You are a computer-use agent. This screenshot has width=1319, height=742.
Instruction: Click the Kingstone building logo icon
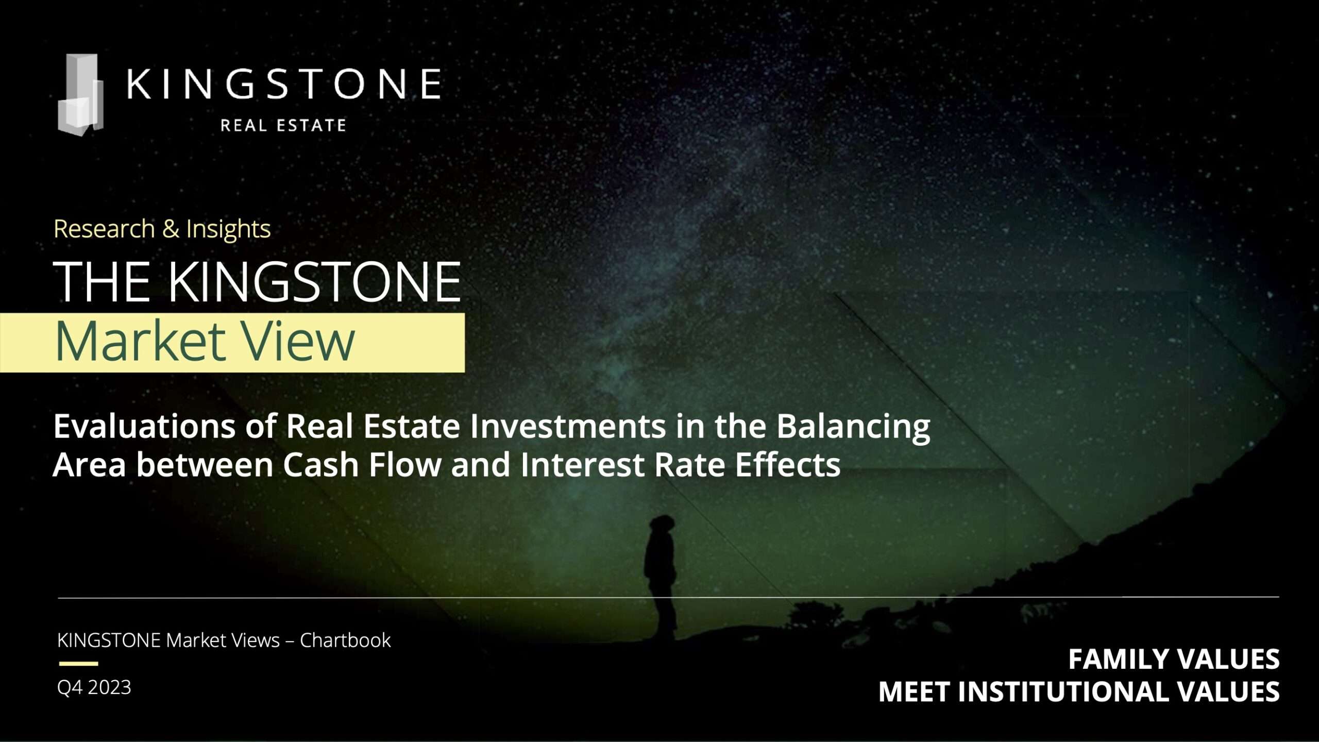point(81,95)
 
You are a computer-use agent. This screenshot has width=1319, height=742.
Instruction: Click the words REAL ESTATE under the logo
point(283,125)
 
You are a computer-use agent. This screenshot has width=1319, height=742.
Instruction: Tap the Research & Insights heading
point(162,229)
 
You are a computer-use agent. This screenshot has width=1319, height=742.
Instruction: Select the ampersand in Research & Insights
point(171,229)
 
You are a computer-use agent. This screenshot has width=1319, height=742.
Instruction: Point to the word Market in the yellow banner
point(140,341)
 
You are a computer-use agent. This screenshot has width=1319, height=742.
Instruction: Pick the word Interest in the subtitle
point(582,465)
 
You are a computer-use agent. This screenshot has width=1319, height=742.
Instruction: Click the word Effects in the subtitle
point(788,465)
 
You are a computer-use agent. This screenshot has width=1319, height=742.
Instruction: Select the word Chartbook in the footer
point(345,640)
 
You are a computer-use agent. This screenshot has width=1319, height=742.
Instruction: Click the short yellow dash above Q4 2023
point(78,664)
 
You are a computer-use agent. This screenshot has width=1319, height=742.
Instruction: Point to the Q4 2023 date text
point(94,687)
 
